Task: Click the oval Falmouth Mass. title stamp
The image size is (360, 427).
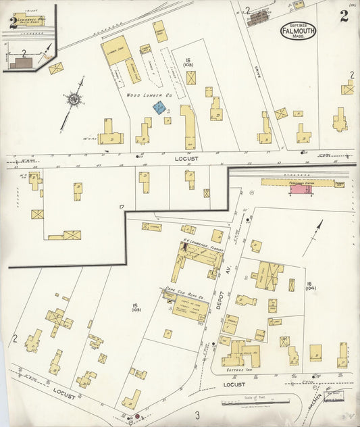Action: point(297,30)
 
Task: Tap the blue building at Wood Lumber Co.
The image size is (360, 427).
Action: point(159,107)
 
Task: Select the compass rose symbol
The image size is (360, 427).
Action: point(72,99)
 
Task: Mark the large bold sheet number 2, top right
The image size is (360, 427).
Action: point(344,17)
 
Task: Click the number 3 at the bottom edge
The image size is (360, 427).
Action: point(197,414)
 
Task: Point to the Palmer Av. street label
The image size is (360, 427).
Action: point(331,391)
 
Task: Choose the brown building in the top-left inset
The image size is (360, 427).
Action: point(20,62)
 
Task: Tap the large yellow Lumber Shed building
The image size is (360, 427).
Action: point(117,51)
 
